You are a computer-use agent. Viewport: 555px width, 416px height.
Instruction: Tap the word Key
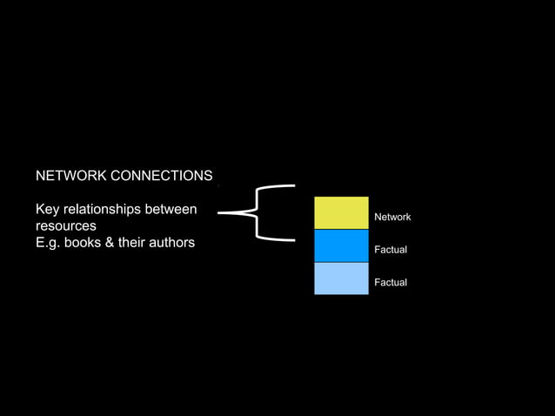[48, 210]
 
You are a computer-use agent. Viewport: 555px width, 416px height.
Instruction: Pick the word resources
[66, 226]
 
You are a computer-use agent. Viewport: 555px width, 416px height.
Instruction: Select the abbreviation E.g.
[49, 243]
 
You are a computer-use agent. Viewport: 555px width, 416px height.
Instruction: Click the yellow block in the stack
[341, 213]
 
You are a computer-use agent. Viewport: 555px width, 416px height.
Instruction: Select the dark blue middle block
[341, 246]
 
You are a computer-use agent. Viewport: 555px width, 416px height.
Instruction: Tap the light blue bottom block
[341, 278]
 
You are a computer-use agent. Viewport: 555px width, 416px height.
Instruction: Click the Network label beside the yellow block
[392, 217]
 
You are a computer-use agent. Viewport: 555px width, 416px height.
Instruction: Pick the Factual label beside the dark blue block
[391, 250]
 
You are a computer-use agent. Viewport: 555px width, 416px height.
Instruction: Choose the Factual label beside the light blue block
[391, 283]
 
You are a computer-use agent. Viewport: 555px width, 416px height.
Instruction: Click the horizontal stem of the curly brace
[230, 211]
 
